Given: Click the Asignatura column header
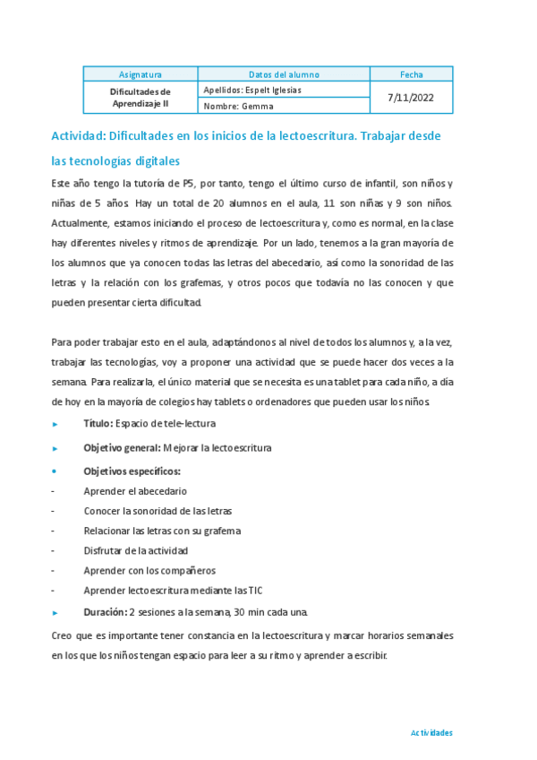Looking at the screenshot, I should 140,74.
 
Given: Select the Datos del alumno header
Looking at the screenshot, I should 283,74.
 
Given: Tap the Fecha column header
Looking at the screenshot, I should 413,74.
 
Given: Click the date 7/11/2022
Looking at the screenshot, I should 413,98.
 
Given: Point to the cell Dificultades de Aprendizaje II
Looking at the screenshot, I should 140,98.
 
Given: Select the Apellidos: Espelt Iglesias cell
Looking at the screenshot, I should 252,90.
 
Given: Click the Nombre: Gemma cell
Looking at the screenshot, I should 238,106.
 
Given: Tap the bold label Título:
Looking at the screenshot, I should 98,423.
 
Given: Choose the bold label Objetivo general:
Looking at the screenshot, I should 122,447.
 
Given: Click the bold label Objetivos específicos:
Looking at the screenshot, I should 132,471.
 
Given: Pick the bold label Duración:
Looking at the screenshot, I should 106,612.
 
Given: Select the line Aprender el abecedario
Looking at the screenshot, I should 135,491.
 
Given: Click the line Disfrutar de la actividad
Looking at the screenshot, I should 136,550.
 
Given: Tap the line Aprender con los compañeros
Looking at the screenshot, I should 149,570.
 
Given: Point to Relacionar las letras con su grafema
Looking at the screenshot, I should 162,531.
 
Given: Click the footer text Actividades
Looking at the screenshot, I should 431,732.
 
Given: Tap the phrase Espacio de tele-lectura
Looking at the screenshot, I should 172,423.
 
